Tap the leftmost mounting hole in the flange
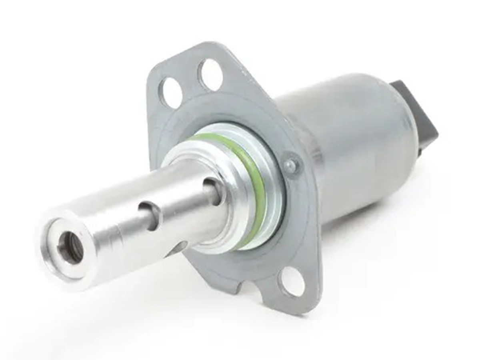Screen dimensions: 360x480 click(x=171, y=93)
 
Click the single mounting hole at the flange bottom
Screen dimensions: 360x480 click(x=291, y=282)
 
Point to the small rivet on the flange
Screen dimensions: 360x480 click(x=292, y=164)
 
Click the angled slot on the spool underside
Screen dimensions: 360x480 click(x=180, y=248)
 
